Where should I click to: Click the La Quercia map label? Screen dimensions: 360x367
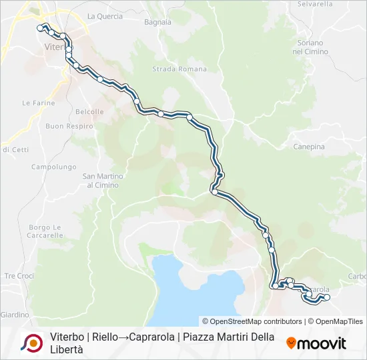105,16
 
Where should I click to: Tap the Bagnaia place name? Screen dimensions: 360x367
157,22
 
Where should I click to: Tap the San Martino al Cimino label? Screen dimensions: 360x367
100,181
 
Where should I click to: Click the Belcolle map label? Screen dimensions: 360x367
89,112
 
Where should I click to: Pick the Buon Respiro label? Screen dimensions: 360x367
69,126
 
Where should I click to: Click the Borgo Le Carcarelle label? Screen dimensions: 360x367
45,231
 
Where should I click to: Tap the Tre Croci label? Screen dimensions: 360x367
19,275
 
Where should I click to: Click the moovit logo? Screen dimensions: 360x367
316,343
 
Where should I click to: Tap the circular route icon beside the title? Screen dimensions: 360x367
31,343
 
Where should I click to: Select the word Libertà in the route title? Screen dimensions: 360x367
67,350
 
